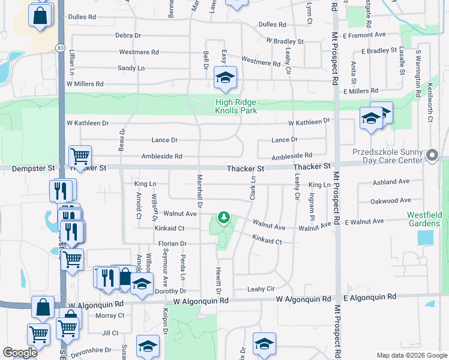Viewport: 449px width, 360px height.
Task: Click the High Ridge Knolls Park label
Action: coord(236,106)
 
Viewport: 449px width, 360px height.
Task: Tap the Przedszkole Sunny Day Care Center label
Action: coord(390,157)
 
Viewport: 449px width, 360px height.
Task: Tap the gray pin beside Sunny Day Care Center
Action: coord(432,156)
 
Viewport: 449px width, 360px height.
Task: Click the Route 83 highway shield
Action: coord(60,47)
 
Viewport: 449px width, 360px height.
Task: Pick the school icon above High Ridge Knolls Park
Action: coord(226,78)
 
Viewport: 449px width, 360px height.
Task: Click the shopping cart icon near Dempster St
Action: coord(80,157)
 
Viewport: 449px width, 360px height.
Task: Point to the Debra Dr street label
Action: coord(128,35)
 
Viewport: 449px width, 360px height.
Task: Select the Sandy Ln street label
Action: coord(131,68)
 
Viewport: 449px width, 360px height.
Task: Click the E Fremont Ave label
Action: coord(364,35)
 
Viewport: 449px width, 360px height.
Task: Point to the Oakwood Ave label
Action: coord(390,201)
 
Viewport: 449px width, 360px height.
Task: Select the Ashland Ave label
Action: coord(390,181)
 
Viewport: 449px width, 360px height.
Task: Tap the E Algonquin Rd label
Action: coord(370,297)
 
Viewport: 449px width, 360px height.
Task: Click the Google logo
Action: coord(19,353)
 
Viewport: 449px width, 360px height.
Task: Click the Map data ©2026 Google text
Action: coord(411,355)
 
